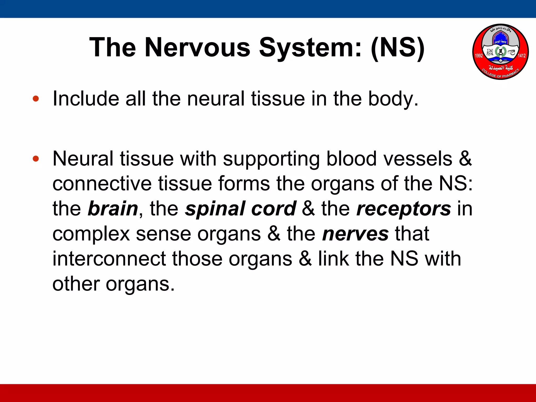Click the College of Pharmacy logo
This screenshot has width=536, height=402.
[x=500, y=52]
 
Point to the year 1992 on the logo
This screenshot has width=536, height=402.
[x=479, y=55]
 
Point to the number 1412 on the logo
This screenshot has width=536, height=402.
[x=522, y=55]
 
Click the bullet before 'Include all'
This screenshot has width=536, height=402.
[x=36, y=99]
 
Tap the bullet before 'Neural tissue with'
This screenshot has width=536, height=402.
[x=36, y=159]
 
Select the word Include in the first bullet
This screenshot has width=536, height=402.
[x=86, y=99]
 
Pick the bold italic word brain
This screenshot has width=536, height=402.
[x=113, y=209]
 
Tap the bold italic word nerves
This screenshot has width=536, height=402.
[x=355, y=234]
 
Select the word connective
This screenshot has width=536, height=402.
[x=102, y=183]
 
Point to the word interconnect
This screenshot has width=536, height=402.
[x=109, y=259]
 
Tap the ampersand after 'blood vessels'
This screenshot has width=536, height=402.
[x=465, y=159]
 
